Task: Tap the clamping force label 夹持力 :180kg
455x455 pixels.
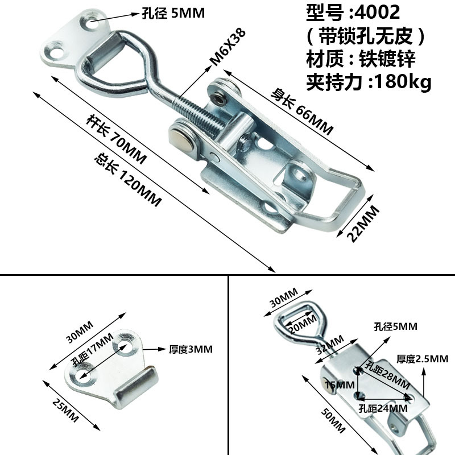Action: point(369,82)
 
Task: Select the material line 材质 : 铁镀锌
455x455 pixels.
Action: point(361,59)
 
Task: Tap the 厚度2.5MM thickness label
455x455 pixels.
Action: point(423,359)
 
